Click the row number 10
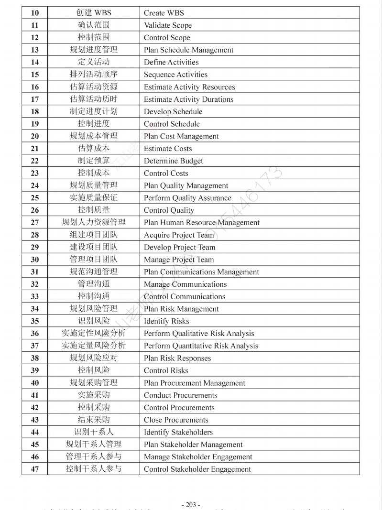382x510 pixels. click(x=35, y=13)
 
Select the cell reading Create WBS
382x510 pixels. click(x=164, y=13)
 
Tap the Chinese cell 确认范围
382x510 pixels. click(x=94, y=25)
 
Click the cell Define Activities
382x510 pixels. click(x=171, y=62)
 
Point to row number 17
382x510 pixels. click(x=35, y=99)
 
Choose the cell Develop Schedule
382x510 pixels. click(x=173, y=112)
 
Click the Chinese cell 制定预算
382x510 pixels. click(x=94, y=161)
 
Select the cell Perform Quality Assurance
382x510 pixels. click(x=187, y=198)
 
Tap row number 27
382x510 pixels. click(x=35, y=222)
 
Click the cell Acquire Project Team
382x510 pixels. click(x=179, y=235)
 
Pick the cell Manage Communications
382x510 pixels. click(x=185, y=284)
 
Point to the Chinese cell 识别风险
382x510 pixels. click(x=94, y=321)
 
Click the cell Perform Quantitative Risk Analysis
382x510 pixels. click(x=201, y=346)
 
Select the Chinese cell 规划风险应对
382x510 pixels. click(x=94, y=358)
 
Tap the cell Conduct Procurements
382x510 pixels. click(x=180, y=395)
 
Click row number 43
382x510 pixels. click(x=35, y=420)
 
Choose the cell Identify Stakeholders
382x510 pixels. click(x=178, y=432)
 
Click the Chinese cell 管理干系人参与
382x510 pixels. click(x=94, y=456)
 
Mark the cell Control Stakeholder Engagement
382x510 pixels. click(x=197, y=469)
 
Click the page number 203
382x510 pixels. click(x=191, y=505)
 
